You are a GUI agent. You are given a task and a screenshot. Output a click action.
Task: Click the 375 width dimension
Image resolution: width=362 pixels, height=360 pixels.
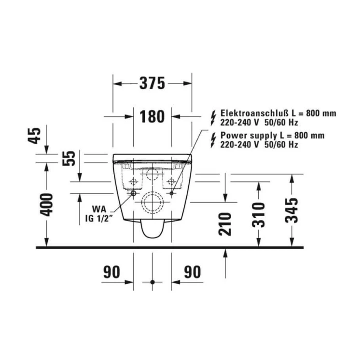point(152,83)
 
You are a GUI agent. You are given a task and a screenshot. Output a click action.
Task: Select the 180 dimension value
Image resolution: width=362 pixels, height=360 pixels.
point(152,116)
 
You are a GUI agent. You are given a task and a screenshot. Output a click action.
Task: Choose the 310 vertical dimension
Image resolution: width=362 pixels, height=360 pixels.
point(259,214)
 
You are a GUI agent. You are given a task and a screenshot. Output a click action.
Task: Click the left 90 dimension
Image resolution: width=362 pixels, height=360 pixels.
point(111,272)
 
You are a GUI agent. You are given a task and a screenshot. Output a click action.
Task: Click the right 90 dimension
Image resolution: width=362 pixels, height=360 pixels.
point(193,272)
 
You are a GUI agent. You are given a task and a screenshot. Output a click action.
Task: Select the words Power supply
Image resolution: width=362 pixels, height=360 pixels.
point(242,136)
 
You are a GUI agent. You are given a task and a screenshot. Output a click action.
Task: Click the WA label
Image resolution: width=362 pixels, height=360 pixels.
point(100,210)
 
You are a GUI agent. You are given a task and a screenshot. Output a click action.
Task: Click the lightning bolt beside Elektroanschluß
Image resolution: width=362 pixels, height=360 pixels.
point(213,117)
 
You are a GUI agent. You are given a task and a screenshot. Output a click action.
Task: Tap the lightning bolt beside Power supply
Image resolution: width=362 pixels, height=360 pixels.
point(213,140)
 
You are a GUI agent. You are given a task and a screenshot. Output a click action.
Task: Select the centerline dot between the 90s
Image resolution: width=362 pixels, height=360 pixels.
point(152,282)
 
